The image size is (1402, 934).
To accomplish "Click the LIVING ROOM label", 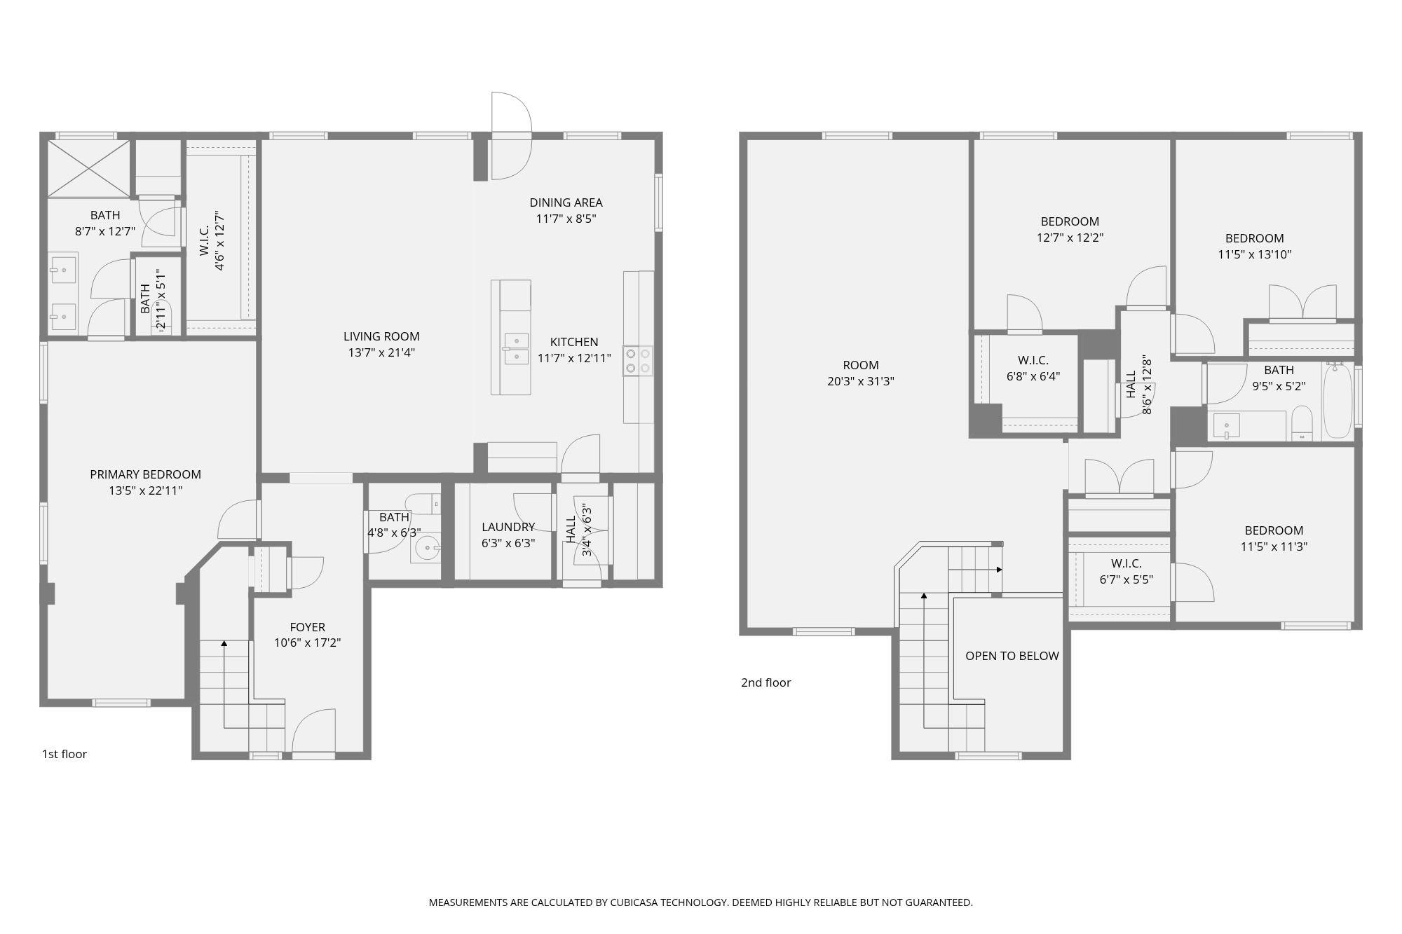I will pos(381,336).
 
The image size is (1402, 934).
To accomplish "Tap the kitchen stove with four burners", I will pos(638,361).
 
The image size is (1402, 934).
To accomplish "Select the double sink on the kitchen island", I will pos(516,349).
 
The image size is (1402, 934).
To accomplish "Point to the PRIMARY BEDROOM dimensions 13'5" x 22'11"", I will pos(145,490).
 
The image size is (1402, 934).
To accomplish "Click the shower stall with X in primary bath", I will pos(88,168).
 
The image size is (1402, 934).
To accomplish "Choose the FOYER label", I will pos(307,627).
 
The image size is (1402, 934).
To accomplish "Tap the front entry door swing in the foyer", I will pos(313,732).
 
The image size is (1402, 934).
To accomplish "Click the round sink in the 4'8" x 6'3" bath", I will pos(427,548).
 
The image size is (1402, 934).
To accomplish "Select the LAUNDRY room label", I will pos(508,527).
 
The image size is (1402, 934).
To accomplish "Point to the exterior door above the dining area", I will pos(511,135).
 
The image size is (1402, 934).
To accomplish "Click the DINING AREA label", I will pos(566,202).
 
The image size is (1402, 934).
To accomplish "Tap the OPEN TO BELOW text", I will pos(1012,656).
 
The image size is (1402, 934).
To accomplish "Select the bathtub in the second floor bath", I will pos(1338,401).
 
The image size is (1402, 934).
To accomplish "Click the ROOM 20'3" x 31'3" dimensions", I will pos(860,381).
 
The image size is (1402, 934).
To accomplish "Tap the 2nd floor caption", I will pos(765,682).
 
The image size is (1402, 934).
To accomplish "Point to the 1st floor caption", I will pos(64,754).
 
